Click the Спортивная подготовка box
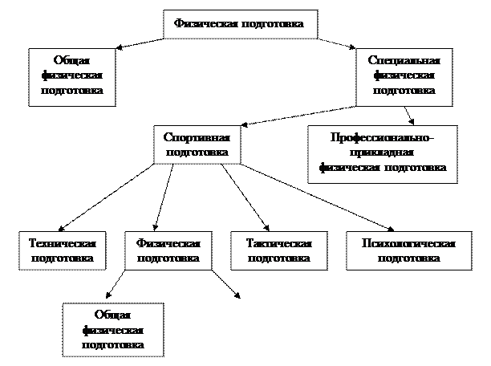(196, 144)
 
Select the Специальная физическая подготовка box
(404, 75)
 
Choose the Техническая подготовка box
(62, 250)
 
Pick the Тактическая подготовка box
(278, 250)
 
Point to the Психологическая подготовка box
(408, 250)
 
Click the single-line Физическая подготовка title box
(239, 23)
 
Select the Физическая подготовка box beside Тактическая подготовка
(168, 250)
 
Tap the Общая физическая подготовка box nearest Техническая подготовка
(112, 329)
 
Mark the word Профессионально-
(382, 138)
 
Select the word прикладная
(382, 152)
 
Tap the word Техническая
(62, 243)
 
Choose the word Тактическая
(278, 243)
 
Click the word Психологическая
(408, 243)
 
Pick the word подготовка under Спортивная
(196, 151)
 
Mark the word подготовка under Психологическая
(408, 258)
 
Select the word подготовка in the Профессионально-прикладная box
(415, 168)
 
